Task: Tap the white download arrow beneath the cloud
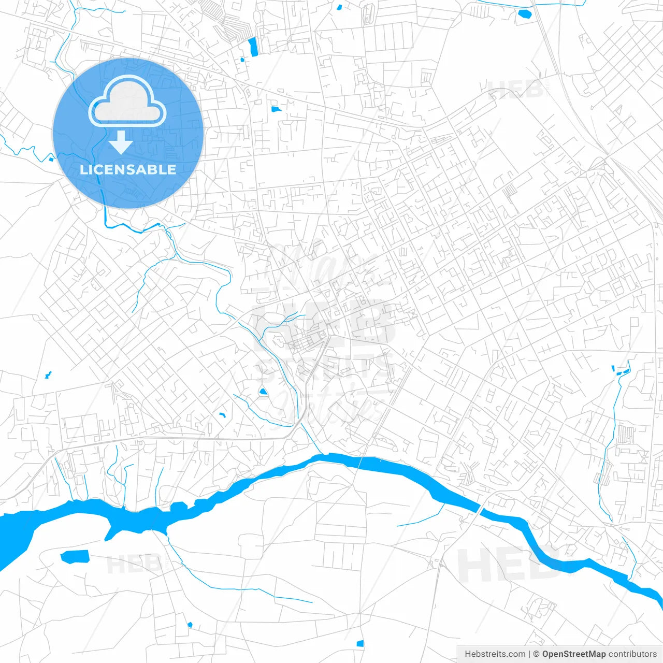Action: pyautogui.click(x=121, y=142)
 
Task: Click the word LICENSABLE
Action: pyautogui.click(x=128, y=169)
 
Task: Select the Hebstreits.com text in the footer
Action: pyautogui.click(x=495, y=654)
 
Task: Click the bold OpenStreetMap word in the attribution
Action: pyautogui.click(x=573, y=654)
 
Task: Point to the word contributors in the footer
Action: pyautogui.click(x=632, y=654)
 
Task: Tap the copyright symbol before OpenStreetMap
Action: pyautogui.click(x=537, y=654)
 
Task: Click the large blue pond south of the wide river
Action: pyautogui.click(x=75, y=557)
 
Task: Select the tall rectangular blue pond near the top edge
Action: pyautogui.click(x=253, y=47)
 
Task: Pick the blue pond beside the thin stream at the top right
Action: pyautogui.click(x=524, y=13)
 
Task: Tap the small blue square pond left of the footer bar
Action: pyautogui.click(x=360, y=644)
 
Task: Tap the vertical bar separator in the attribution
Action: pyautogui.click(x=529, y=654)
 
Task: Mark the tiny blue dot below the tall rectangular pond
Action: pyautogui.click(x=242, y=60)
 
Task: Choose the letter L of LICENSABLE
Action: pyautogui.click(x=83, y=169)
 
